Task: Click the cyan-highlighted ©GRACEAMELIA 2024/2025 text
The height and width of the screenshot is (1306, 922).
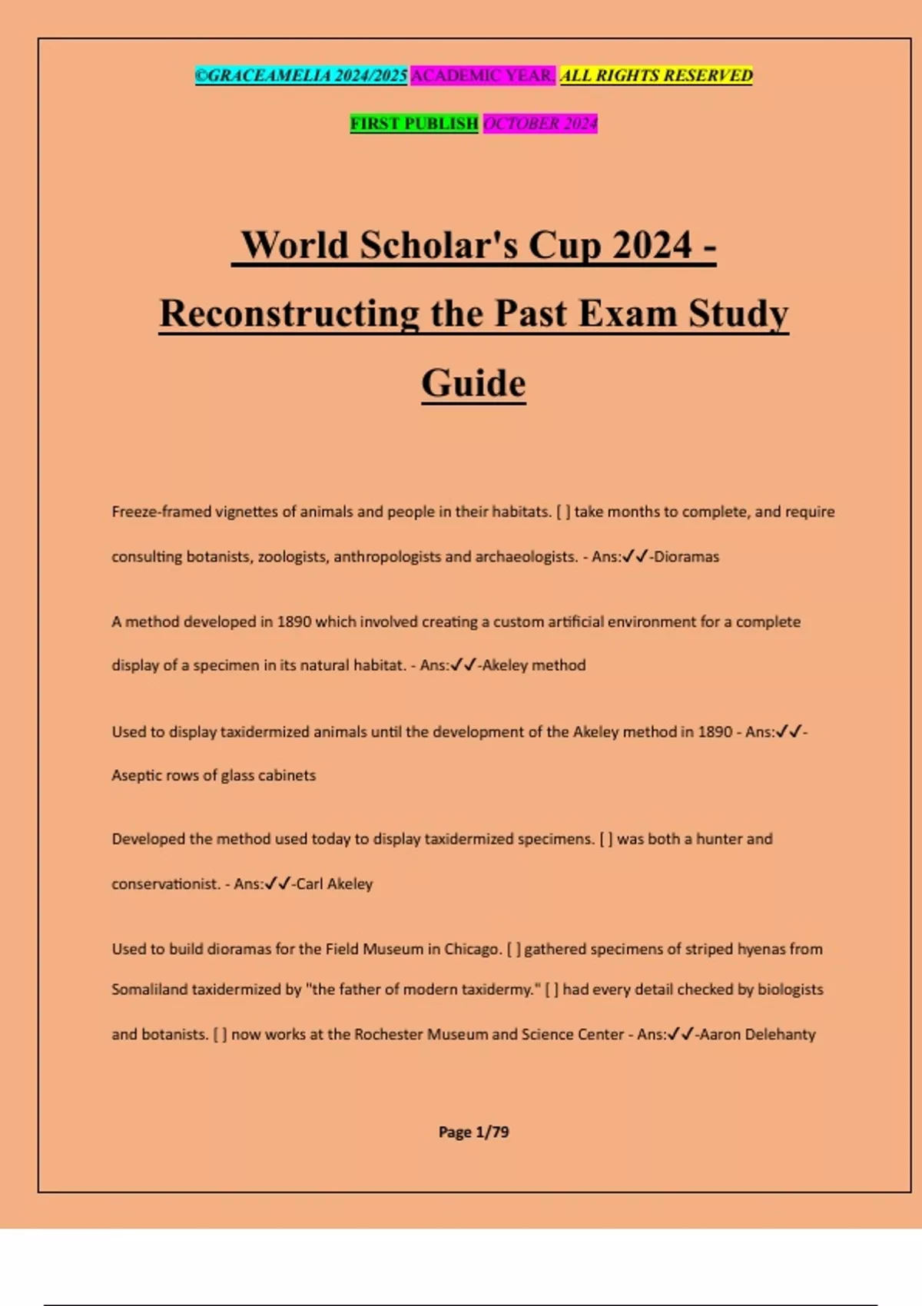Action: point(300,75)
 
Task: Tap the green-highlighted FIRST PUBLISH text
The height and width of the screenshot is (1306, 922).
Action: point(414,124)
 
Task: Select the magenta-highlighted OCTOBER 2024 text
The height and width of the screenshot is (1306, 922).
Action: point(540,124)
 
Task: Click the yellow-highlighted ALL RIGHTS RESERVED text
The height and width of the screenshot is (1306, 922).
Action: point(656,75)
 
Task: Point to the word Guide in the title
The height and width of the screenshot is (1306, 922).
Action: point(473,383)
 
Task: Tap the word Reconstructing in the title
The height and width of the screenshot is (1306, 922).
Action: point(289,314)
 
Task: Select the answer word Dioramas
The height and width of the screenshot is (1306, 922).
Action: point(686,557)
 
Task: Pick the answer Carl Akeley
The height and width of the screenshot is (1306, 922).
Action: point(334,884)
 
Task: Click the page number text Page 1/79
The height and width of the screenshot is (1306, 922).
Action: point(473,1132)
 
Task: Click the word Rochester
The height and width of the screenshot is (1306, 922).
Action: point(388,1035)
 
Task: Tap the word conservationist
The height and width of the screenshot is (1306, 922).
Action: point(165,884)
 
